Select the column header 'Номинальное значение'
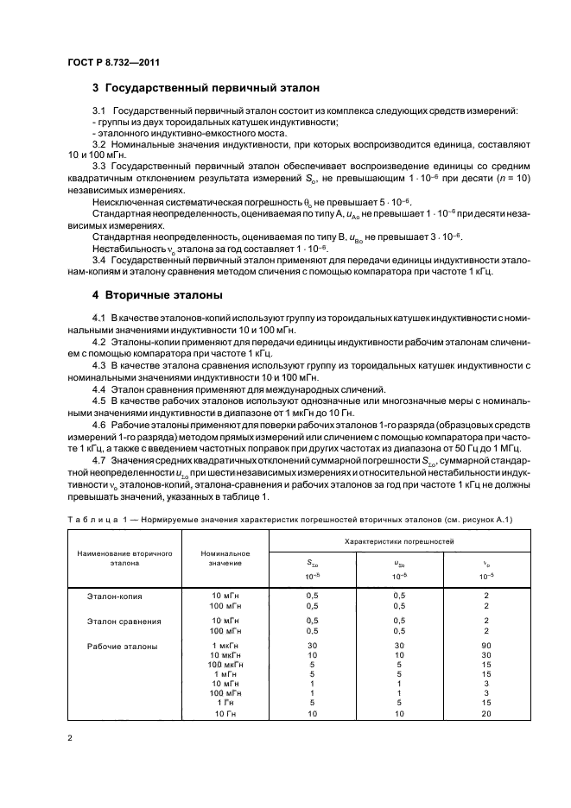tap(225, 558)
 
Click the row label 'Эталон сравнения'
tap(121, 621)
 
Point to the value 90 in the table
tap(486, 646)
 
